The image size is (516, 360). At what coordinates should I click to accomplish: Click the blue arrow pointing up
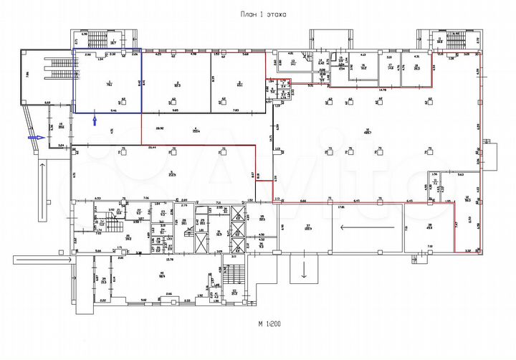coord(94,120)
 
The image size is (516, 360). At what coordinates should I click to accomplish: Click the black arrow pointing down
coord(304,271)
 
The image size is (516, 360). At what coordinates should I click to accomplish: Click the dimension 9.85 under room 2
coord(174,111)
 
